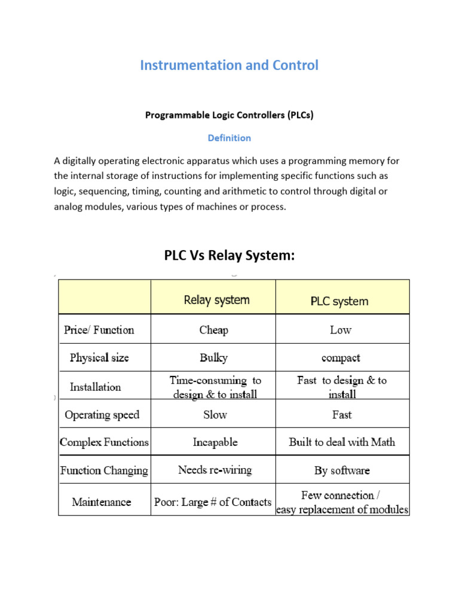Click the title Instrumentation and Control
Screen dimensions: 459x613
pyautogui.click(x=229, y=65)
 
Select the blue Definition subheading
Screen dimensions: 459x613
pyautogui.click(x=229, y=138)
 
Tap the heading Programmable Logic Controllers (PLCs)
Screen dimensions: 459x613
pyautogui.click(x=229, y=115)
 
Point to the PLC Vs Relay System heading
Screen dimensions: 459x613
pyautogui.click(x=229, y=256)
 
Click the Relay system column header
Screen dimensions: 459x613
pyautogui.click(x=216, y=300)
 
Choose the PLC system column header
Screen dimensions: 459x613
pyautogui.click(x=339, y=301)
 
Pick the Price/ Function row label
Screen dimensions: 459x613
pyautogui.click(x=99, y=330)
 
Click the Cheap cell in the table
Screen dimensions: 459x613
pyautogui.click(x=214, y=330)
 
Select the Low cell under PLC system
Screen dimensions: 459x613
pyautogui.click(x=341, y=330)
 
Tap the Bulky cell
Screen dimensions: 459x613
pyautogui.click(x=214, y=358)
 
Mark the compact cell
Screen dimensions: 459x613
pyautogui.click(x=341, y=358)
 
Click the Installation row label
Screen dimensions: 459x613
pyautogui.click(x=96, y=387)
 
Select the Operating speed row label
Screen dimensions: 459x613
pyautogui.click(x=102, y=415)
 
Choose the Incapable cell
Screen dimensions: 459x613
pyautogui.click(x=215, y=442)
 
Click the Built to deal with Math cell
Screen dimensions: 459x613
pyautogui.click(x=342, y=442)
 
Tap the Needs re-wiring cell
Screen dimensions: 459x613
pyautogui.click(x=215, y=470)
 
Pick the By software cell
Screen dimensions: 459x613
pyautogui.click(x=342, y=471)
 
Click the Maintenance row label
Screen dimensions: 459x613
pyautogui.click(x=102, y=502)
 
